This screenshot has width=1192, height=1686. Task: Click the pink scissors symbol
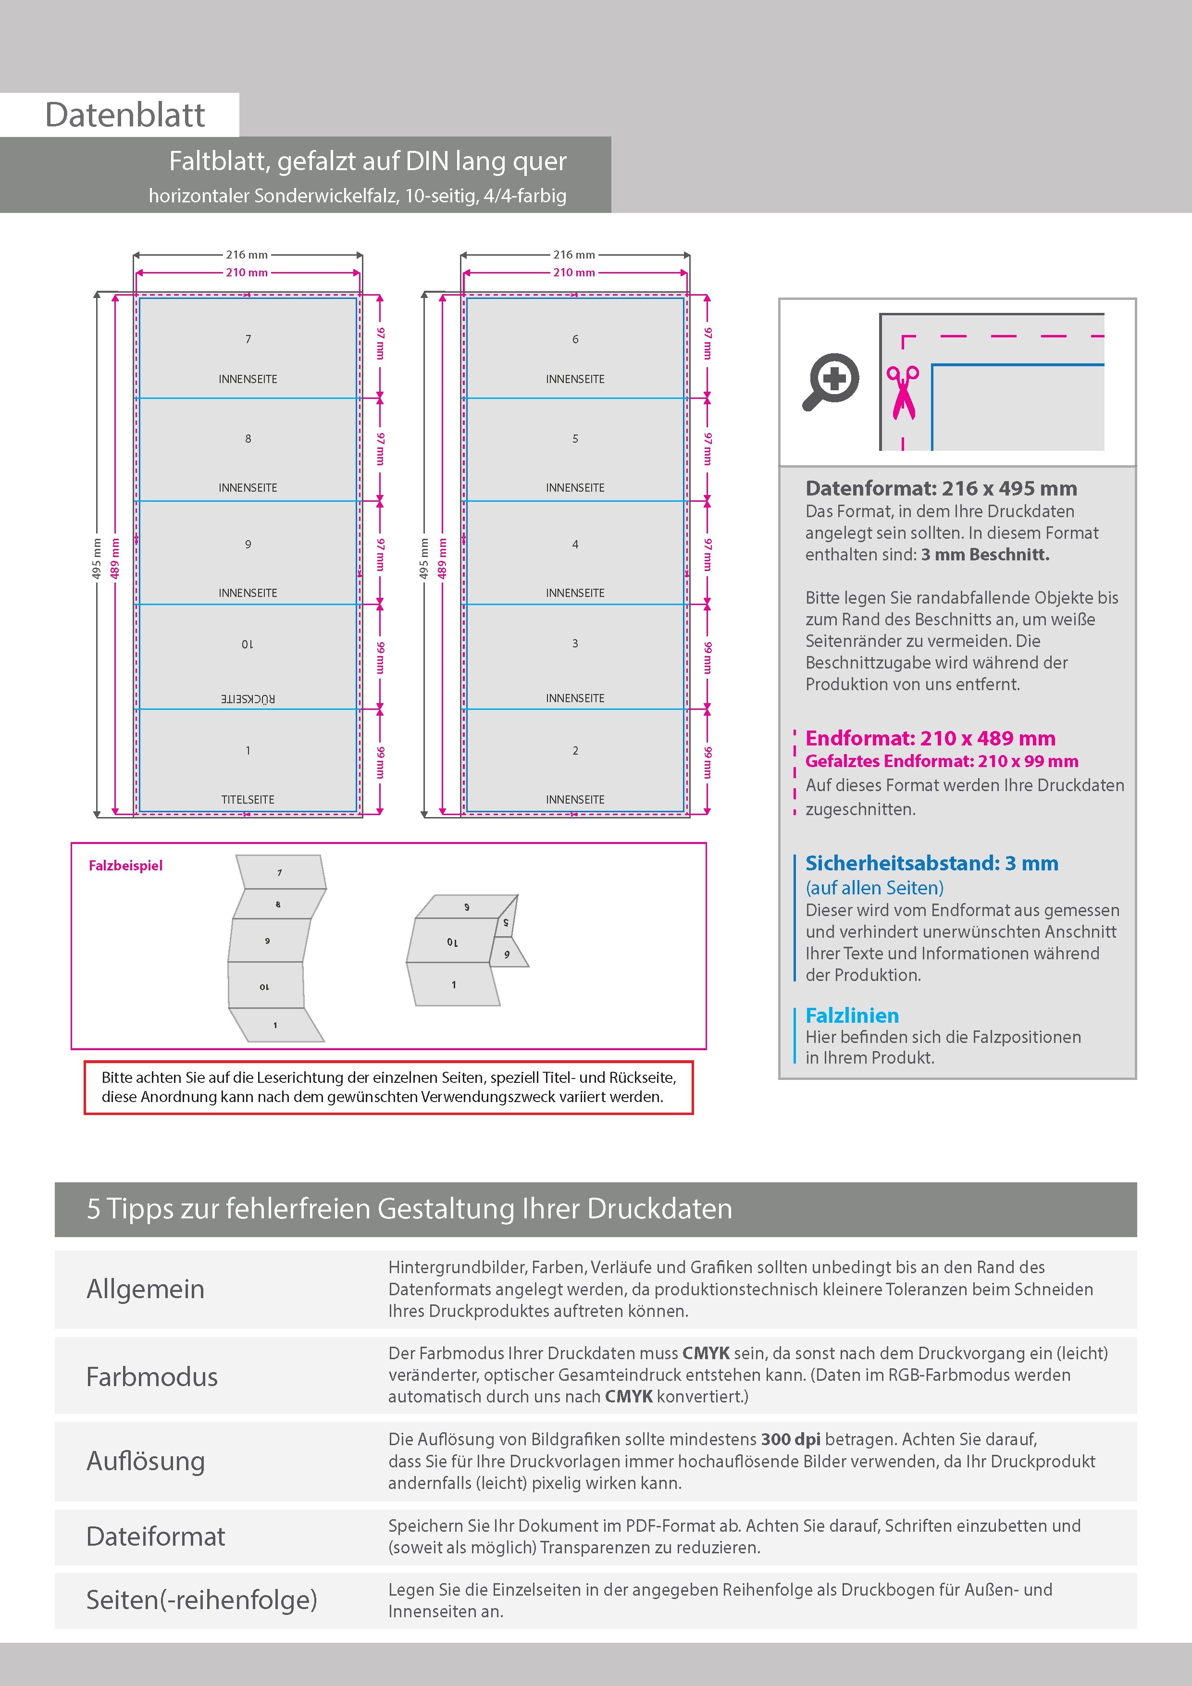(x=903, y=392)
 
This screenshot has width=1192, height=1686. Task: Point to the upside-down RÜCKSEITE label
(x=248, y=698)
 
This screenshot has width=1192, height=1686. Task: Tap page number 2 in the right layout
(x=575, y=750)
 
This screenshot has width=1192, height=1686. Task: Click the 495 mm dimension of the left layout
(x=96, y=558)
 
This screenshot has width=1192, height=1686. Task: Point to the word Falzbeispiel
(x=125, y=866)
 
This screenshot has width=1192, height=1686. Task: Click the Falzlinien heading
(x=852, y=1016)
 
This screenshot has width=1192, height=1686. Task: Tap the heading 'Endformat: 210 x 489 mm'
(x=930, y=738)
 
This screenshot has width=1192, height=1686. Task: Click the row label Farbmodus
(x=152, y=1377)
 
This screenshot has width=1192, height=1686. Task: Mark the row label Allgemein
(x=146, y=1289)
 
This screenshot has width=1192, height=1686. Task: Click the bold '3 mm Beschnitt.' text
(x=985, y=555)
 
